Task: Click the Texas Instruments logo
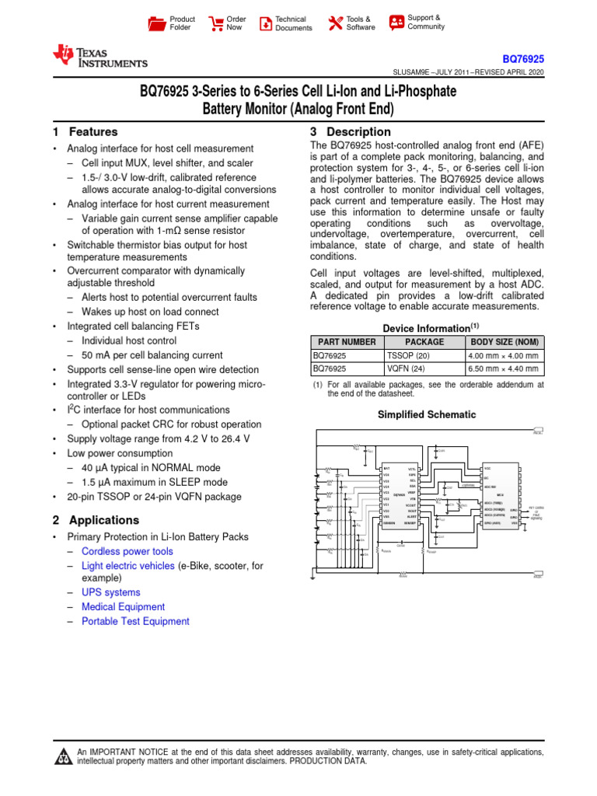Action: point(99,56)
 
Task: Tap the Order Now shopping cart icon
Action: point(216,23)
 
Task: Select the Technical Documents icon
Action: point(266,23)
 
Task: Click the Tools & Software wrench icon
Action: point(336,23)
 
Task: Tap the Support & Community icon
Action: point(396,22)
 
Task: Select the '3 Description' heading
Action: point(350,132)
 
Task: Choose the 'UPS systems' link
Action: point(111,592)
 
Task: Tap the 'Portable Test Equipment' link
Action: point(135,621)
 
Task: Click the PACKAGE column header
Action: point(424,342)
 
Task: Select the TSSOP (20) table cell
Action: point(408,355)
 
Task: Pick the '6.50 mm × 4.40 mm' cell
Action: point(503,369)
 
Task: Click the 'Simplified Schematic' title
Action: point(426,415)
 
